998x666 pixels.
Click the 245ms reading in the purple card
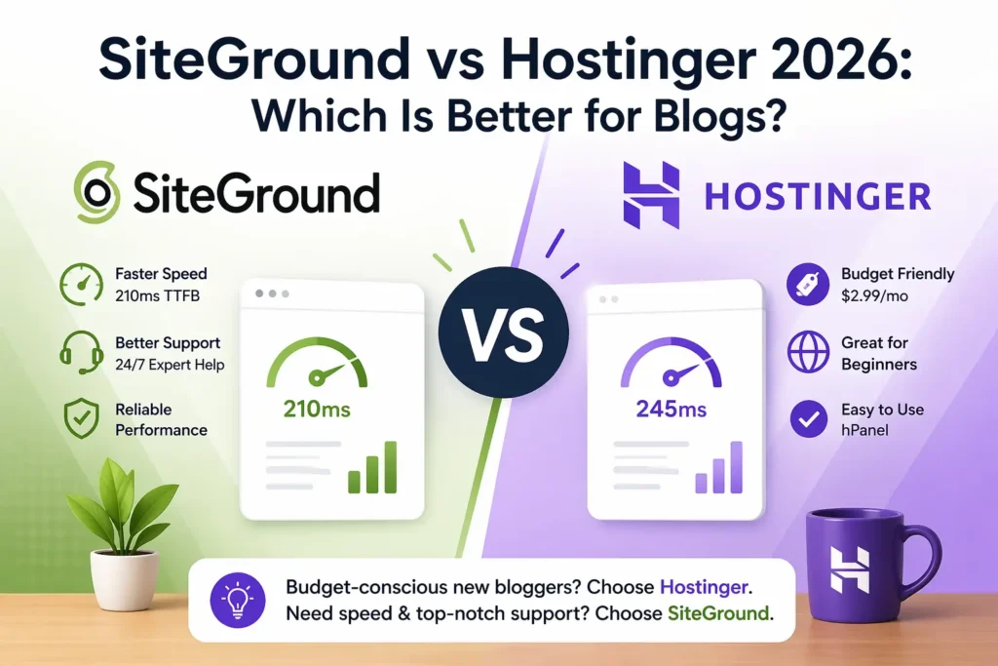coord(671,410)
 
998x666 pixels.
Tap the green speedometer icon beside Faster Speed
coord(81,284)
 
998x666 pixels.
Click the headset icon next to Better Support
coord(81,352)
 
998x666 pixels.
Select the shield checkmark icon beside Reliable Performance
coord(81,419)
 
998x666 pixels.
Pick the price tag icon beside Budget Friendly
coord(807,285)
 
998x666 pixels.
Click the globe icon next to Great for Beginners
coord(807,353)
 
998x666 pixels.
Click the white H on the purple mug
coord(850,569)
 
